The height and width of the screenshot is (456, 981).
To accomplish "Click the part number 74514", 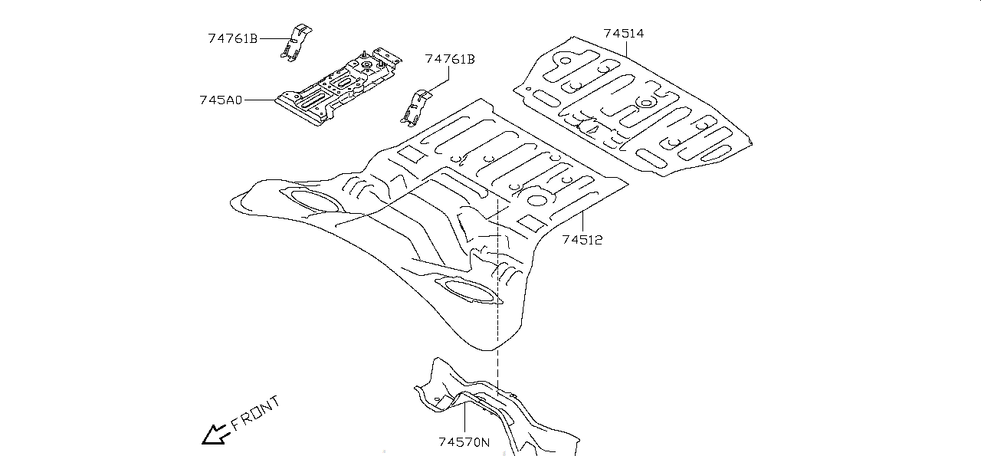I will pyautogui.click(x=623, y=34).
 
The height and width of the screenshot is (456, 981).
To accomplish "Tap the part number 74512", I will pyautogui.click(x=582, y=240).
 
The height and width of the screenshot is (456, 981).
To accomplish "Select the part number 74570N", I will pyautogui.click(x=464, y=442).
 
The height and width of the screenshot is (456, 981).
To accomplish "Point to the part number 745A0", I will pyautogui.click(x=221, y=100).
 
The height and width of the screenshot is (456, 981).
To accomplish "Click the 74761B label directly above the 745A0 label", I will pyautogui.click(x=233, y=38).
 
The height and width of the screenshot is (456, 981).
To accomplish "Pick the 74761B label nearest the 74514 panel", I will pyautogui.click(x=450, y=59).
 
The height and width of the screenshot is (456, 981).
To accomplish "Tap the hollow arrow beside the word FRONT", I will pyautogui.click(x=213, y=435).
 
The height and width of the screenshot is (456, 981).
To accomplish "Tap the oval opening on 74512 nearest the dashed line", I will pyautogui.click(x=468, y=291).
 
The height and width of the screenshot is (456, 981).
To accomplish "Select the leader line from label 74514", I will pyautogui.click(x=627, y=51).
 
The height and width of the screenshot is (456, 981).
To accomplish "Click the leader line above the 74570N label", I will pyautogui.click(x=464, y=418).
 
